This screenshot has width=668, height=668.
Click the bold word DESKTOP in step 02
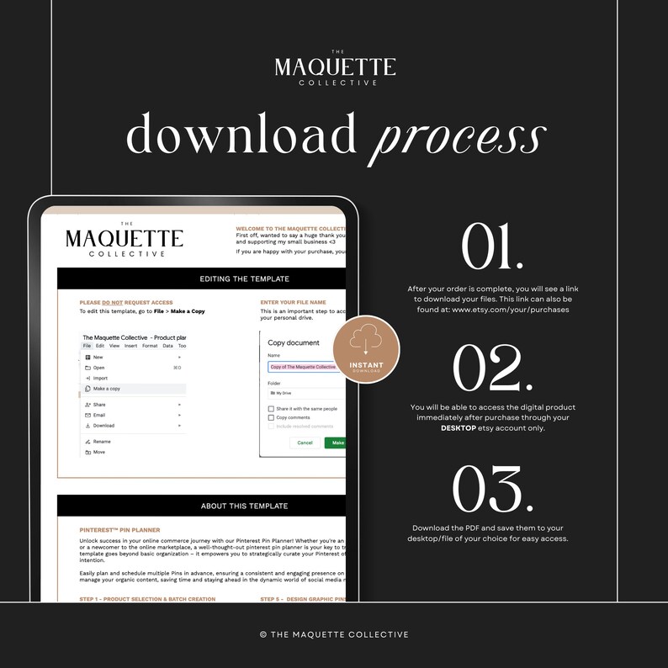click(464, 427)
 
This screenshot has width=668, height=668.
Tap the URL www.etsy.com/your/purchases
click(510, 309)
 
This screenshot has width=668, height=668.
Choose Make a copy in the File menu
click(107, 389)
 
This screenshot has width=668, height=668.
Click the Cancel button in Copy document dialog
click(305, 443)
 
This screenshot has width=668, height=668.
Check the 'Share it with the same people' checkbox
click(271, 409)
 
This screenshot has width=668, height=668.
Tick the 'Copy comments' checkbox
click(271, 417)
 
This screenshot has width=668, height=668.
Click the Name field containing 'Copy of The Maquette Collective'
click(303, 367)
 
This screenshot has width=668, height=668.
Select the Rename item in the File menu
click(102, 441)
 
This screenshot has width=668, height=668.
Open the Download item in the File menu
click(104, 426)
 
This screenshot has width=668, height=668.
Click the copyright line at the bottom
click(334, 634)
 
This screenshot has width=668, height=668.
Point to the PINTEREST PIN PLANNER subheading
click(119, 530)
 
